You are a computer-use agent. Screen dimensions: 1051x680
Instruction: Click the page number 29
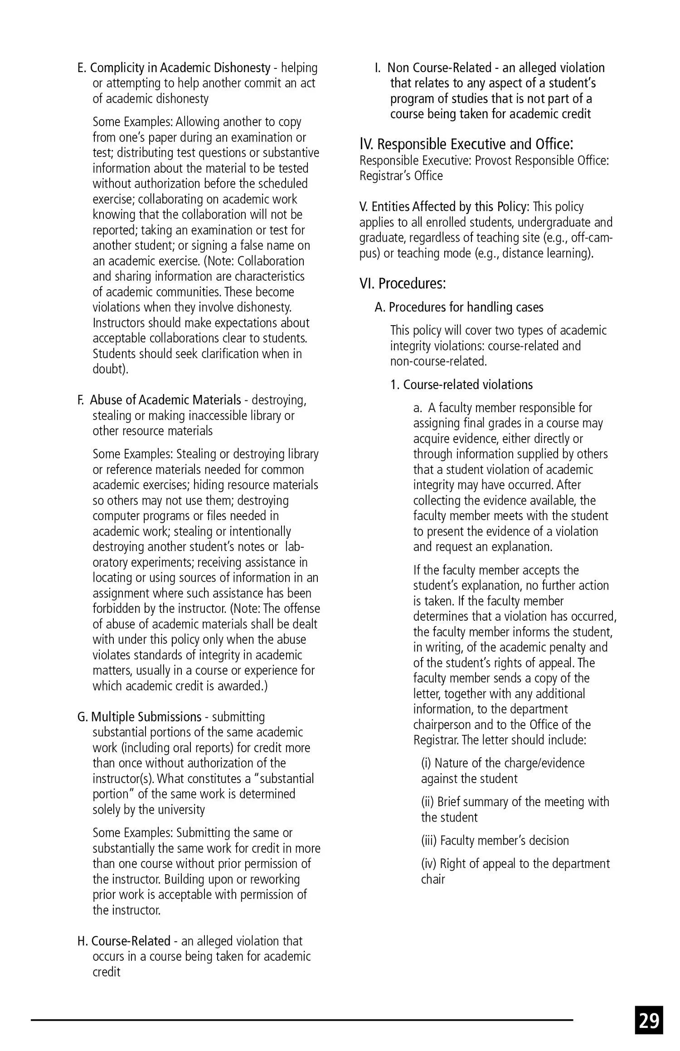[x=649, y=1021]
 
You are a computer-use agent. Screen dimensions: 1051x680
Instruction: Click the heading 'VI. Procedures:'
[x=403, y=283]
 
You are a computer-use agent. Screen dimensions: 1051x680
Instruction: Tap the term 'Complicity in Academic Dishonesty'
[x=180, y=68]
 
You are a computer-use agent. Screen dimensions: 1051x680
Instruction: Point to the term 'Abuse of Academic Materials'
[x=165, y=400]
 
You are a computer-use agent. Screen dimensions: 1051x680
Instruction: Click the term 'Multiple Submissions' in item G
[x=146, y=717]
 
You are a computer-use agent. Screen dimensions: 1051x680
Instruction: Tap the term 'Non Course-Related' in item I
[x=439, y=68]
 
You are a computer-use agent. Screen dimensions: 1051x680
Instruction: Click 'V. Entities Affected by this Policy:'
[x=444, y=207]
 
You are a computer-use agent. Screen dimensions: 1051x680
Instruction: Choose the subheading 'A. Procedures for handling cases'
[x=459, y=307]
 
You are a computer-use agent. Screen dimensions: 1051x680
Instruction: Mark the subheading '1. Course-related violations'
[x=461, y=384]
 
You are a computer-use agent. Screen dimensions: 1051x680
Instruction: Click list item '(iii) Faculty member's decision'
[x=495, y=841]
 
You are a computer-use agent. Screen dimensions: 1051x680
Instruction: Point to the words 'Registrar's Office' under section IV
[x=401, y=175]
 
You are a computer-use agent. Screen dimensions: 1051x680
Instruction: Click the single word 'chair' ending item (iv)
[x=433, y=880]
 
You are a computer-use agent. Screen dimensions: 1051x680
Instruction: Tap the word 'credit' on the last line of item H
[x=107, y=972]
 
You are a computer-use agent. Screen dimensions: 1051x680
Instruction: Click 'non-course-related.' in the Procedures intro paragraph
[x=438, y=361]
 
